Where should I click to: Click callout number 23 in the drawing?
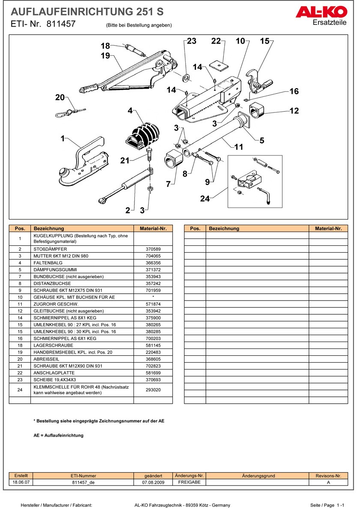tap(191, 41)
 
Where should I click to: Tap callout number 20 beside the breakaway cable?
tap(60, 98)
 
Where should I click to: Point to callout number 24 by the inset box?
tap(205, 199)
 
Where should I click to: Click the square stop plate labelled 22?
tap(219, 65)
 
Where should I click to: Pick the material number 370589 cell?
tap(153, 249)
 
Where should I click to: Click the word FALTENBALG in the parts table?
tap(46, 262)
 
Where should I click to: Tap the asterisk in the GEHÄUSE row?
tap(153, 297)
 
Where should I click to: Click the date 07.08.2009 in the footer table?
tap(153, 482)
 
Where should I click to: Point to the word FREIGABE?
tap(189, 482)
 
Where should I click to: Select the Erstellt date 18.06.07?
tap(21, 482)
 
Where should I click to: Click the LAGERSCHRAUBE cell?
tap(53, 345)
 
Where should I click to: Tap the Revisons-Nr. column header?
tap(328, 476)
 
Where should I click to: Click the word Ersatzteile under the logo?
tap(330, 23)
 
